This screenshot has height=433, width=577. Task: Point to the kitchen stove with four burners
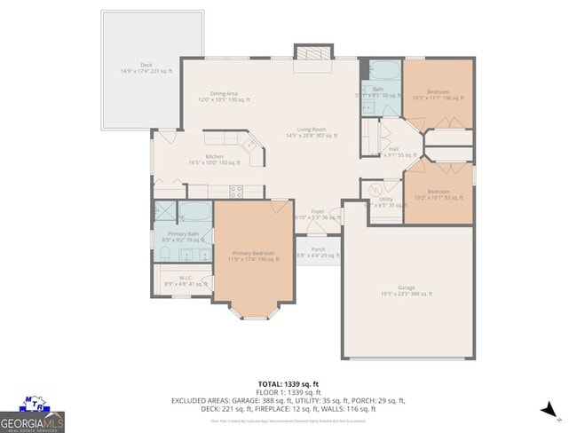click(x=236, y=190)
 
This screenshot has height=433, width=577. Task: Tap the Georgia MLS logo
click(x=32, y=416)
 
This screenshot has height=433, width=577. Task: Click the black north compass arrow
click(x=549, y=410)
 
